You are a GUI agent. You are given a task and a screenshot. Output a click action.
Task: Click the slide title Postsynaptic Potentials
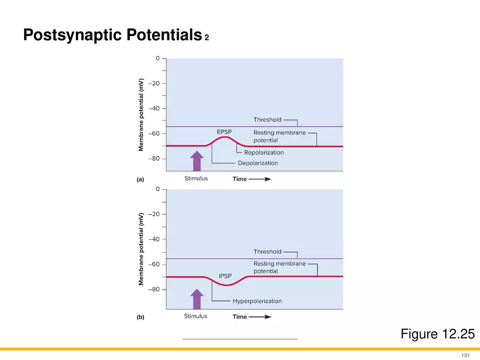pos(113,34)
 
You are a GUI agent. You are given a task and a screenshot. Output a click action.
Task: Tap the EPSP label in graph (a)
pos(224,132)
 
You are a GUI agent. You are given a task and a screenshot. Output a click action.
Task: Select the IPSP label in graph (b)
pos(225,276)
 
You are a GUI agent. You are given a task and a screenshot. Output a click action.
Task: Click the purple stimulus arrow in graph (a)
pos(197,161)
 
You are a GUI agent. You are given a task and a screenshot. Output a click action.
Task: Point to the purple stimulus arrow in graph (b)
pos(197,299)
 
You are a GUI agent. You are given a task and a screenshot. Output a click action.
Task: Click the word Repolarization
pos(264,152)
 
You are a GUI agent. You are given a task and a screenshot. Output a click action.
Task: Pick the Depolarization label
pos(258,163)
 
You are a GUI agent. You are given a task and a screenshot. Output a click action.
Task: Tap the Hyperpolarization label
pos(257,301)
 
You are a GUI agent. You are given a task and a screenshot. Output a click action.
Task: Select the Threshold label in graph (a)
pos(267,119)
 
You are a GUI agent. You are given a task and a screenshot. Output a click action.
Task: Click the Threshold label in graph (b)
pos(267,251)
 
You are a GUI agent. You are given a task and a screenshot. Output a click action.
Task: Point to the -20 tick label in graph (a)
pos(154,83)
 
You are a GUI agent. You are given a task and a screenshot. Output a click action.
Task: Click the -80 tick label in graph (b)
pos(154,289)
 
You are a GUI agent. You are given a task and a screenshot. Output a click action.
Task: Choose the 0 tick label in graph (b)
pos(158,189)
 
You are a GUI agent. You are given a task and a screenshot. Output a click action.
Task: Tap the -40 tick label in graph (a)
pos(154,109)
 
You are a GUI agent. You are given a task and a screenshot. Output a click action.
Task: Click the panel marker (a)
pos(140,179)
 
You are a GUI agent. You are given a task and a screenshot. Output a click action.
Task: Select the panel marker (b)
pos(140,317)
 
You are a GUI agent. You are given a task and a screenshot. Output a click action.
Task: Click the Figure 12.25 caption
pos(437,334)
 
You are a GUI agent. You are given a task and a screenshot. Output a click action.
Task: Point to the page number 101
pos(465,355)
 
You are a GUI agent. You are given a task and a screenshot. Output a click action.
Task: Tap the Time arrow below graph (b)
pos(260,317)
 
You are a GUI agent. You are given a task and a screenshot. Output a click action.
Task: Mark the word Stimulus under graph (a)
pos(196,178)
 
